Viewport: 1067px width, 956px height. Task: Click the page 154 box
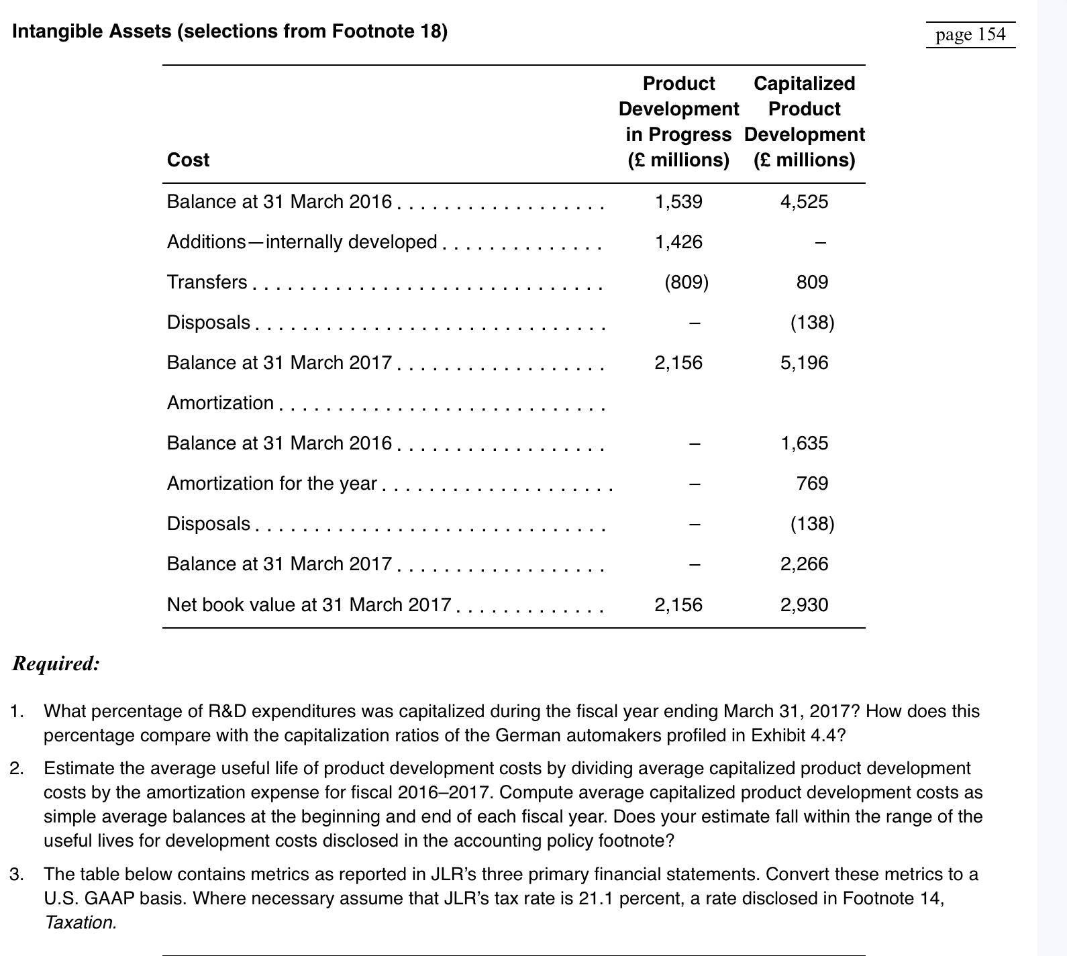point(970,34)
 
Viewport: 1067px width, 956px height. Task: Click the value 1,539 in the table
point(678,202)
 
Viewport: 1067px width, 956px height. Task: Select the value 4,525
point(804,202)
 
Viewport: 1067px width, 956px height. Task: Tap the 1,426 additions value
point(678,242)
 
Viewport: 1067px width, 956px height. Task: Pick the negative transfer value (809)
point(686,282)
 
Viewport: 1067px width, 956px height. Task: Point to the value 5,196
point(804,363)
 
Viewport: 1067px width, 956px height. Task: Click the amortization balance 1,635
point(804,443)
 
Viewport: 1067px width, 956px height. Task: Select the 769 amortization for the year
point(812,484)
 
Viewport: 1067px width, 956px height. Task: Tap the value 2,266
point(804,564)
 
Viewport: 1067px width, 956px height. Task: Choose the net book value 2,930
point(804,605)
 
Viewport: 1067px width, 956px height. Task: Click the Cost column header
point(188,160)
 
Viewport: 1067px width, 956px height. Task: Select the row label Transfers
point(207,282)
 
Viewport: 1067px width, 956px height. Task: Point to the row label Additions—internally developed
point(301,242)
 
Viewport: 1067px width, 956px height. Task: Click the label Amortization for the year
point(271,484)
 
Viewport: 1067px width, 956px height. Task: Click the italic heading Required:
point(56,664)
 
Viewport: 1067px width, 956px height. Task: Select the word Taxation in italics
point(80,922)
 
